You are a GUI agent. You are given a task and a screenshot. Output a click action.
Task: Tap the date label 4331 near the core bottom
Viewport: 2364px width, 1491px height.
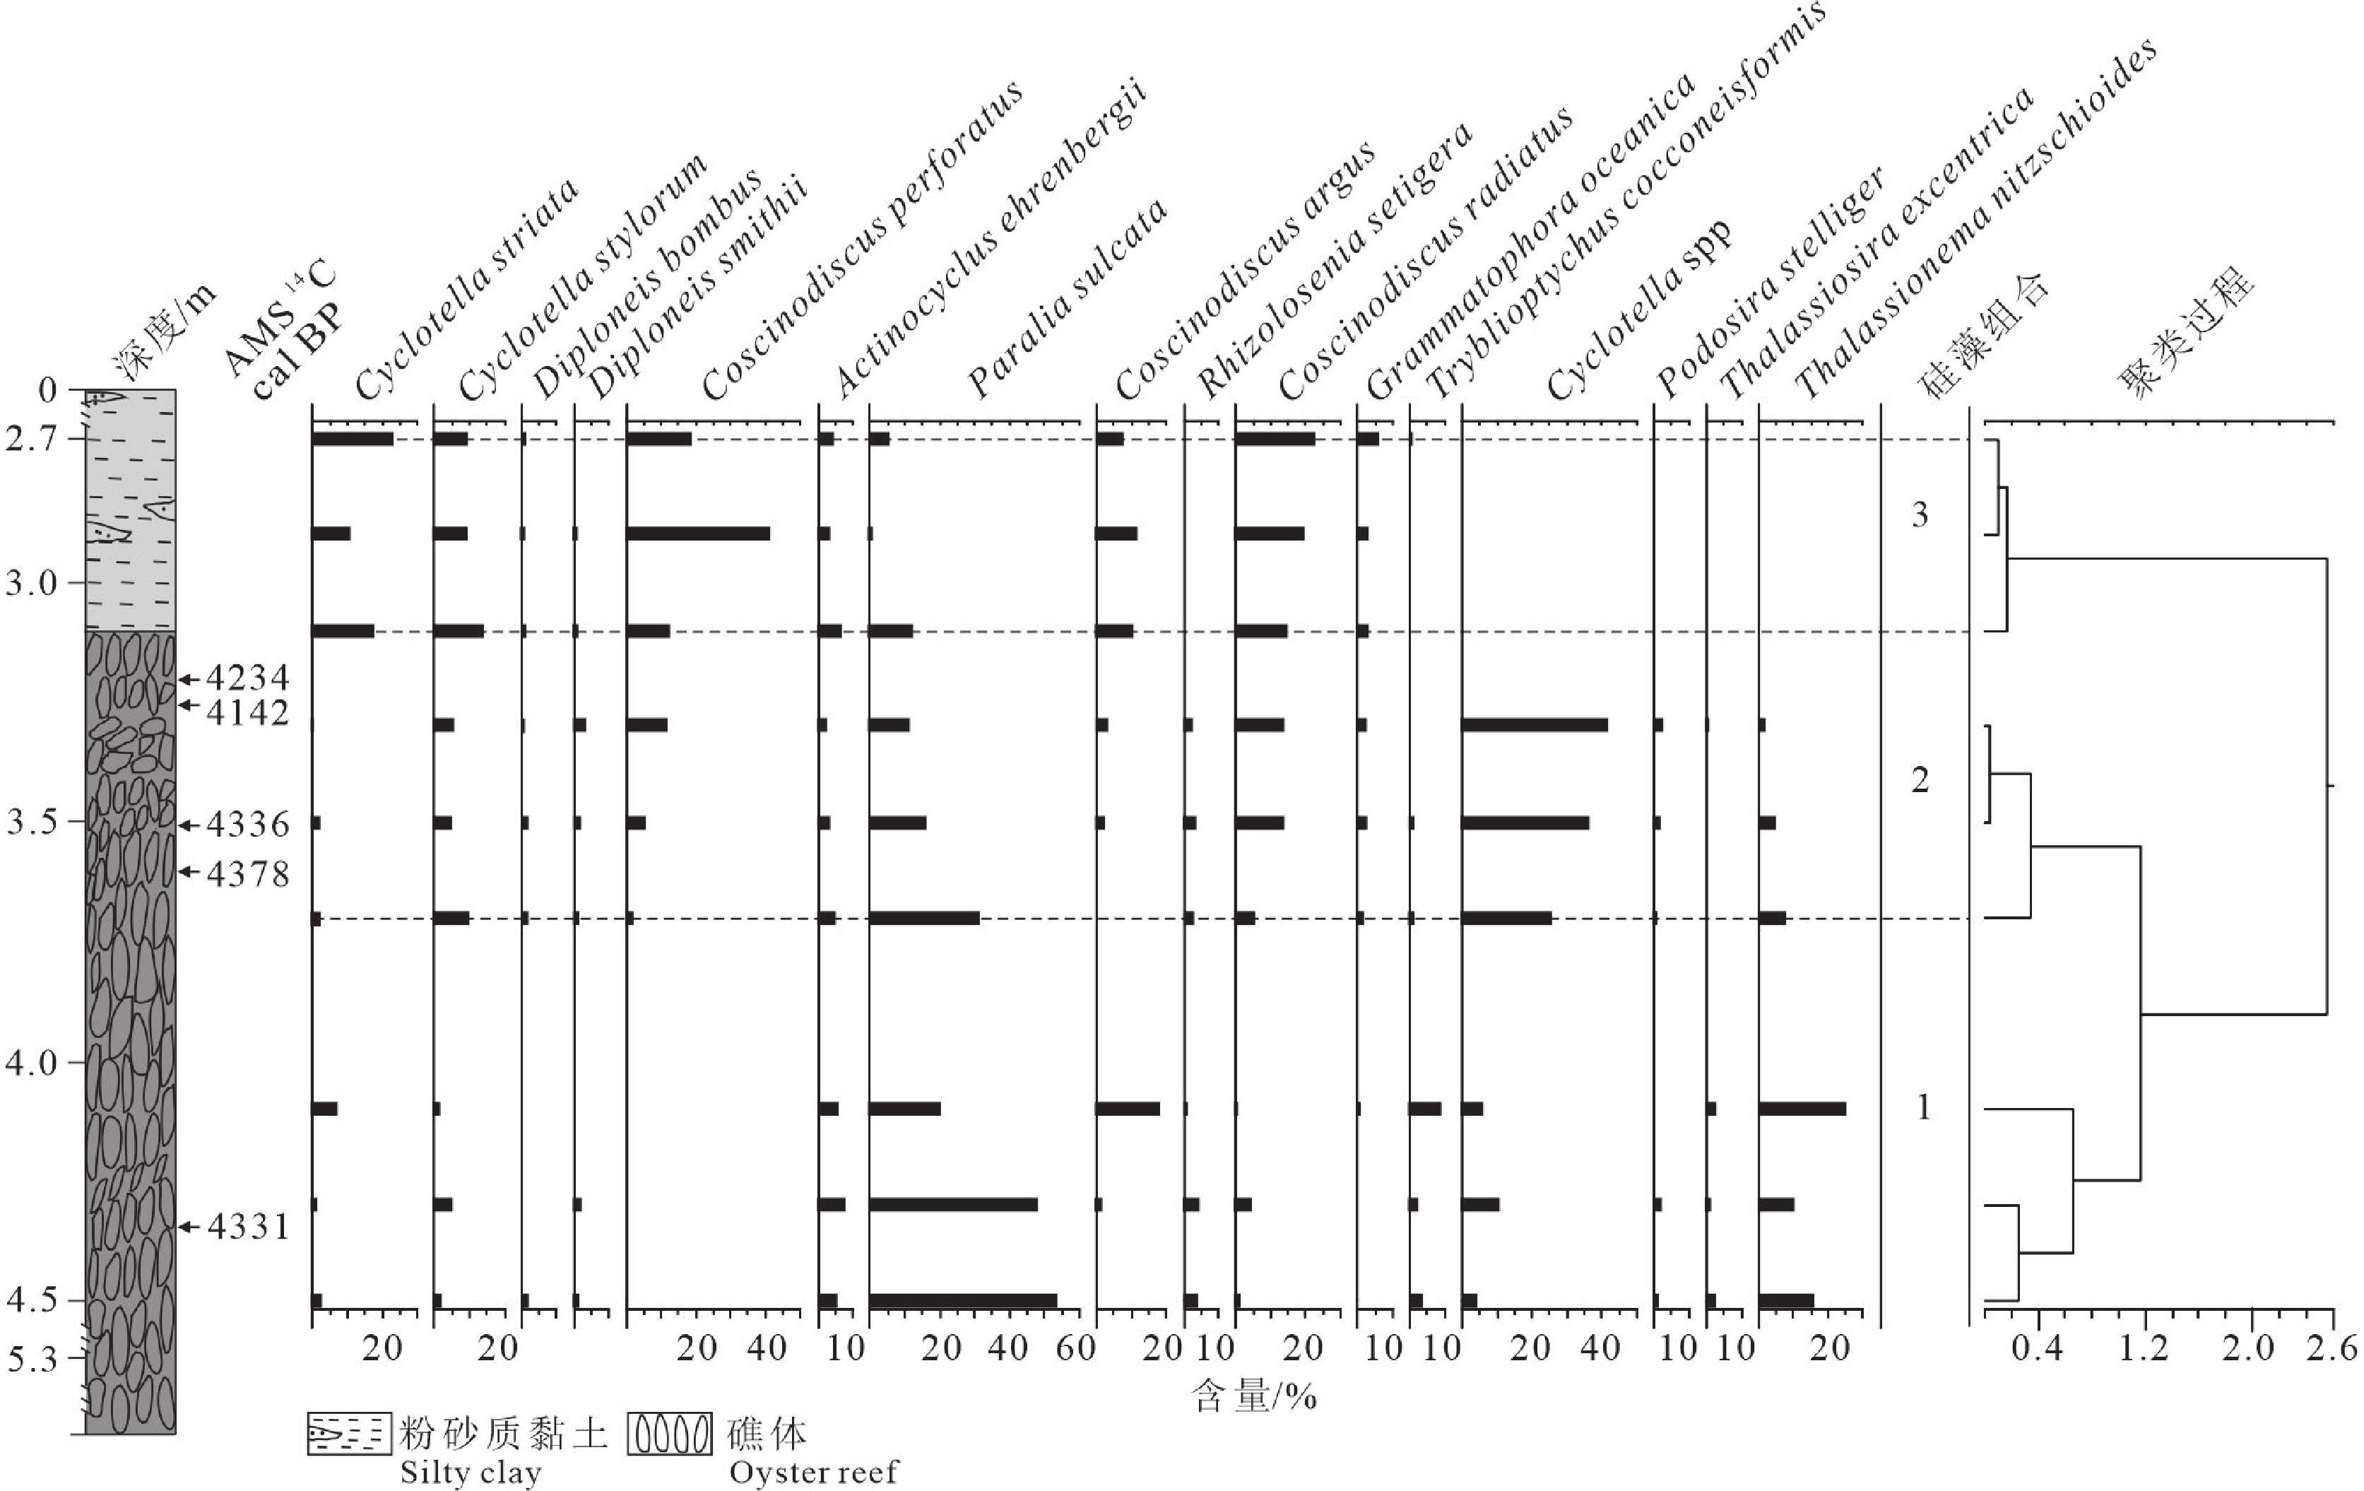pos(249,1227)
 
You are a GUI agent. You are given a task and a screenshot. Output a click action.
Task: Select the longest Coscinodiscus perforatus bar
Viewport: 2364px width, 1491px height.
pos(698,534)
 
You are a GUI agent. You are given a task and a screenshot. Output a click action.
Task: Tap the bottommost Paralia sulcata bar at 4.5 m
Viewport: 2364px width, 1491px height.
pos(962,1300)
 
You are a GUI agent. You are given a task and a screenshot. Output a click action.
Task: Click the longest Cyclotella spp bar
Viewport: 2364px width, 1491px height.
pos(1535,725)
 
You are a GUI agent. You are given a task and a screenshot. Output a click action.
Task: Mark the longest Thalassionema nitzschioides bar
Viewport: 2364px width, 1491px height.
pos(1802,1109)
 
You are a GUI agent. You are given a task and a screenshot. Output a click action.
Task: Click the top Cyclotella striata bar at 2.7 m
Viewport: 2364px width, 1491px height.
pos(353,439)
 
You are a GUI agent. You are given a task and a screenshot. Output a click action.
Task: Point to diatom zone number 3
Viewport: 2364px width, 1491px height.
pos(1920,514)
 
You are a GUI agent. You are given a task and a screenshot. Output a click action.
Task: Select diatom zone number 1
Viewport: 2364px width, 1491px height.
pos(1923,1107)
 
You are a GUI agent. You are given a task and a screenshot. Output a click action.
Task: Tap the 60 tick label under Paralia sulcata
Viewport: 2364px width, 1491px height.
pos(1076,1348)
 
